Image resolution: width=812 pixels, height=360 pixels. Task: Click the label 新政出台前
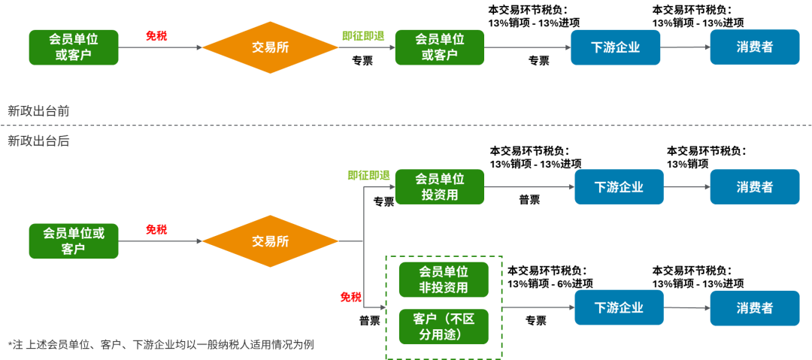pos(38,110)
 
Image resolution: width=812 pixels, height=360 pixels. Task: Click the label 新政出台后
pos(38,141)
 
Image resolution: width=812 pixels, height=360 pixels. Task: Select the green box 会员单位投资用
pos(440,187)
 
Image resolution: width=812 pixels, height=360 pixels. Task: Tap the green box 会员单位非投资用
pos(444,280)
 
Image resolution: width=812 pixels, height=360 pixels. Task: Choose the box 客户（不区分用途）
pos(444,326)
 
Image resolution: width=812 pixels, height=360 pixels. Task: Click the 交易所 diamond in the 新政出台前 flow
pos(271,47)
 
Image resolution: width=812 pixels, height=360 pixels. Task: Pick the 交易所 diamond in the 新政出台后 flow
pos(271,241)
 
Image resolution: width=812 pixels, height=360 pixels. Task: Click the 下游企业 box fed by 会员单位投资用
pos(619,187)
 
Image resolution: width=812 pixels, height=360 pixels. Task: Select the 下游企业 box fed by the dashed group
pos(619,307)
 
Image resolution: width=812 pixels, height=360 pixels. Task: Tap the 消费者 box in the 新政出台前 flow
pos(754,47)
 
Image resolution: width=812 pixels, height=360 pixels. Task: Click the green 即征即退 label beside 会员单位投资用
pos(368,176)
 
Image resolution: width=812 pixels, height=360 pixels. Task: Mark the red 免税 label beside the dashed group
pos(350,297)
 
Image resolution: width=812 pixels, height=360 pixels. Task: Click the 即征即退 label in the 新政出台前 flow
pos(363,36)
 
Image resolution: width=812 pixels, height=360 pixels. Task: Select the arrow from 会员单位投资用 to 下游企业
pos(529,187)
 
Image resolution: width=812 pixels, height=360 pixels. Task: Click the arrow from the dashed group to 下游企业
pos(538,307)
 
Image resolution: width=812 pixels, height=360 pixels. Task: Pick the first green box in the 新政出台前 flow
pos(74,47)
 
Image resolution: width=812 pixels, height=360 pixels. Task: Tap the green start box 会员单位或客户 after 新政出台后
pos(74,241)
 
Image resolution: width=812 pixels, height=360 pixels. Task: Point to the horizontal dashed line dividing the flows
pos(406,126)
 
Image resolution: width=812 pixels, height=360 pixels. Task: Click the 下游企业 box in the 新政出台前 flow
pos(615,47)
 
